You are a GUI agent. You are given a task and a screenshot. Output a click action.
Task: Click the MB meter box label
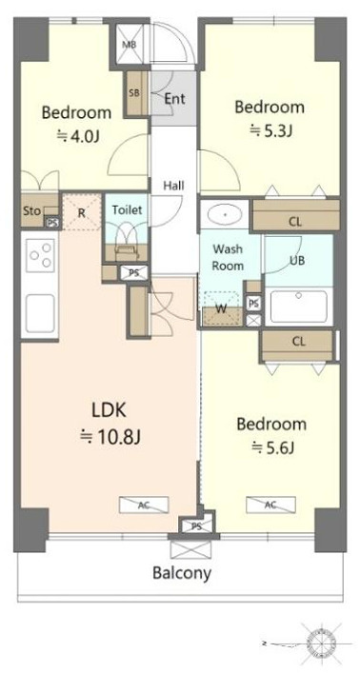pyautogui.click(x=129, y=45)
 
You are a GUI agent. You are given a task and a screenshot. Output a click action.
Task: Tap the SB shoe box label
pyautogui.click(x=134, y=92)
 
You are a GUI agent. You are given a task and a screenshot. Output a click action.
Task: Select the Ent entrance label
pyautogui.click(x=175, y=99)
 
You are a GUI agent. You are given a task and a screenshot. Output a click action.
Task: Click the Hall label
pyautogui.click(x=173, y=186)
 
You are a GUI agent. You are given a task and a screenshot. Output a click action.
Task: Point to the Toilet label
pyautogui.click(x=127, y=210)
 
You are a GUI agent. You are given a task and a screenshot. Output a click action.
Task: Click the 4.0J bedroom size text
pyautogui.click(x=78, y=137)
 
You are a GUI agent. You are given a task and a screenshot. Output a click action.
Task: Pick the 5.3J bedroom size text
pyautogui.click(x=271, y=130)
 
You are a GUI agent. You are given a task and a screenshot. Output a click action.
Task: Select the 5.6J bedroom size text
pyautogui.click(x=272, y=448)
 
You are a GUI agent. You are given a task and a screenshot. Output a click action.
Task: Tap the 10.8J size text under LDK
pyautogui.click(x=111, y=437)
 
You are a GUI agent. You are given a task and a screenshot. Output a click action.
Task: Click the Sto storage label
pyautogui.click(x=32, y=210)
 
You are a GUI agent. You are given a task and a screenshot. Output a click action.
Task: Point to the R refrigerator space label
pyautogui.click(x=82, y=212)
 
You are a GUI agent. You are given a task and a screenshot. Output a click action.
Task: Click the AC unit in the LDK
pyautogui.click(x=144, y=505)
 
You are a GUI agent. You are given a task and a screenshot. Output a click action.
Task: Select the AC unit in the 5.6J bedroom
pyautogui.click(x=270, y=505)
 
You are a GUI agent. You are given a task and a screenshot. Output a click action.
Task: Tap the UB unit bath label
pyautogui.click(x=297, y=260)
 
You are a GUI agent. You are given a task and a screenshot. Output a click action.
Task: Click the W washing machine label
pyautogui.click(x=222, y=308)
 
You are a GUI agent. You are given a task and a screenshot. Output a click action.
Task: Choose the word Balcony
pyautogui.click(x=182, y=573)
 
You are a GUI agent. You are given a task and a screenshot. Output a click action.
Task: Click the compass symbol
pyautogui.click(x=321, y=643)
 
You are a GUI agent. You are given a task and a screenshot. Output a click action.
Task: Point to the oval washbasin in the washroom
pyautogui.click(x=224, y=214)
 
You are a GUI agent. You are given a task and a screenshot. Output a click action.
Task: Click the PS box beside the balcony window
pyautogui.click(x=191, y=525)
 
